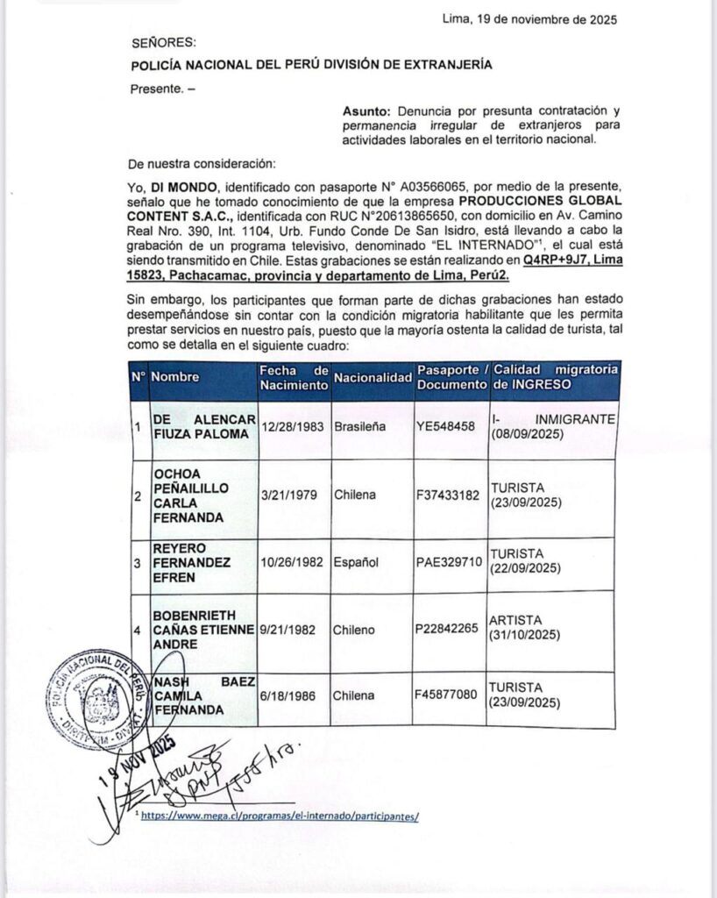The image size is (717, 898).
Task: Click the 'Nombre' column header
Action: pyautogui.click(x=175, y=377)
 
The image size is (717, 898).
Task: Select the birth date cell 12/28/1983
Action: pyautogui.click(x=293, y=426)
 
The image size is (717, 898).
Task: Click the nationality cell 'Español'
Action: pyautogui.click(x=356, y=561)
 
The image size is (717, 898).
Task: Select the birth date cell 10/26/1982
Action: pyautogui.click(x=293, y=561)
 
